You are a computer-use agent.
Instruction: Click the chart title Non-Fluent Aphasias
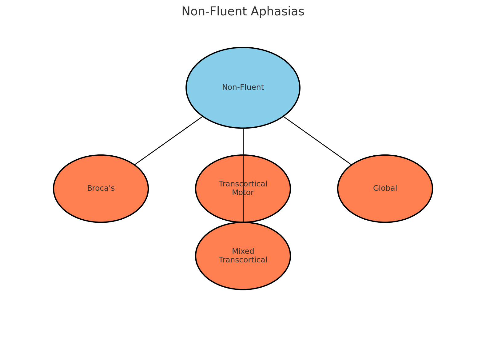(x=243, y=12)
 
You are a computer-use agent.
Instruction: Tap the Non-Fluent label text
(x=243, y=87)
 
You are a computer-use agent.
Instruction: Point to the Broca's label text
(x=101, y=188)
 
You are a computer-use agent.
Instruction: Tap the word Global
(x=385, y=188)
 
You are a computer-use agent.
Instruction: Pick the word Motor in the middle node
(x=243, y=193)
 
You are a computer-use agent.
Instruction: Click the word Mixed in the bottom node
(x=243, y=251)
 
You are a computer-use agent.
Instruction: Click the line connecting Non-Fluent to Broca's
(x=169, y=141)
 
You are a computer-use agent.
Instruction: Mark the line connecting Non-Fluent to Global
(x=317, y=141)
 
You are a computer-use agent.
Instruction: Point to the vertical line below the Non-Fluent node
(x=243, y=142)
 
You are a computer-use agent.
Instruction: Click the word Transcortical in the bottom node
(x=243, y=260)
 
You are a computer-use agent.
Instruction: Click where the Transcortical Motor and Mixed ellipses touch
(x=243, y=222)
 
